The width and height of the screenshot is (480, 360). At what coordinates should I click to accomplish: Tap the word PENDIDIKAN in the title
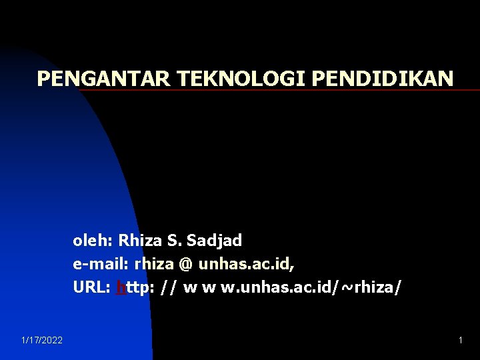tap(382, 79)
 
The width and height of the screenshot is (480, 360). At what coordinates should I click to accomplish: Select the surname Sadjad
tap(215, 240)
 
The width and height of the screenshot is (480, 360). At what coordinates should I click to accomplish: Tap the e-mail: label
tap(101, 264)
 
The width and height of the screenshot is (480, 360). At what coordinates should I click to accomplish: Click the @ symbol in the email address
tap(185, 264)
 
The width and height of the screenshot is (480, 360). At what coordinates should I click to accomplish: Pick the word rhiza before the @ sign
tap(154, 264)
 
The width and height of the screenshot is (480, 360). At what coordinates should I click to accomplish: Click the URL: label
tap(92, 288)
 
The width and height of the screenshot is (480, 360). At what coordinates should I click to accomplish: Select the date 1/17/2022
tap(42, 341)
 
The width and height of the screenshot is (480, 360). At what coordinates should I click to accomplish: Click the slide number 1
tap(460, 341)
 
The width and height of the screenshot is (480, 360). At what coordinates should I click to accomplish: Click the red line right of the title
tap(467, 90)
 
